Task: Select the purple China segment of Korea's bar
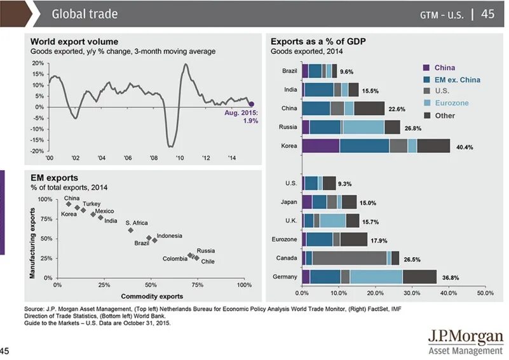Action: (321, 145)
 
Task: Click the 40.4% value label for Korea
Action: (465, 147)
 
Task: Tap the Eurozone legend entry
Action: (452, 103)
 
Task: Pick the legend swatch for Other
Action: (428, 116)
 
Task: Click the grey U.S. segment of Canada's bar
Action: (350, 258)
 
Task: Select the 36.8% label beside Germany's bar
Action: (450, 277)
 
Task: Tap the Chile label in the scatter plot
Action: (208, 262)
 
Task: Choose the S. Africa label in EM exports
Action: (137, 223)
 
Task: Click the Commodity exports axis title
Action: (152, 296)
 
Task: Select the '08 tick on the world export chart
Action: (154, 158)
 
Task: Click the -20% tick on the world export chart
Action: (37, 151)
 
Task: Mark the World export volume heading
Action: (74, 41)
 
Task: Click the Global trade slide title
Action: (85, 13)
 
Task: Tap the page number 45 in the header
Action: (487, 13)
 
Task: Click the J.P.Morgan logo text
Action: (465, 336)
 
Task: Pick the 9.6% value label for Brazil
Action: (347, 72)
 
